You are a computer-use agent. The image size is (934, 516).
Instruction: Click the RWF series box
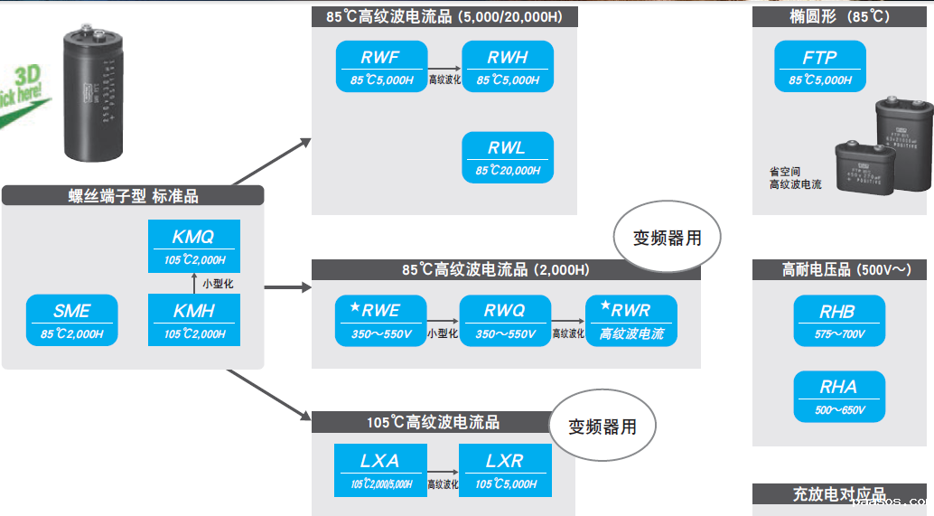(x=380, y=67)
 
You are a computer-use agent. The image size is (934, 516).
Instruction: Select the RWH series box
(x=508, y=67)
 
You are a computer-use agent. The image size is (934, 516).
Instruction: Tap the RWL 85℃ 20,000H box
(x=508, y=157)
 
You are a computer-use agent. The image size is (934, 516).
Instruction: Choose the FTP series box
(x=820, y=67)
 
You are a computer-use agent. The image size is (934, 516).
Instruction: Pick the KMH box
(x=194, y=320)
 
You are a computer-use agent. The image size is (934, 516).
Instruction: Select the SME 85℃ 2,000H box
(x=72, y=320)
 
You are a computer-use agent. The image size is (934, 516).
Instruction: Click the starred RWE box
(x=380, y=321)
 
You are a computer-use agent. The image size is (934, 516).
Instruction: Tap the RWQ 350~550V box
(x=505, y=321)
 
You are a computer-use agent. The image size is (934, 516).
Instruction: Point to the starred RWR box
(x=631, y=321)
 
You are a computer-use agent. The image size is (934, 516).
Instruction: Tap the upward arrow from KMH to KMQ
(x=194, y=283)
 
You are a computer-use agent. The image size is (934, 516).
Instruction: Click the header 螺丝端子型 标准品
(x=133, y=195)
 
